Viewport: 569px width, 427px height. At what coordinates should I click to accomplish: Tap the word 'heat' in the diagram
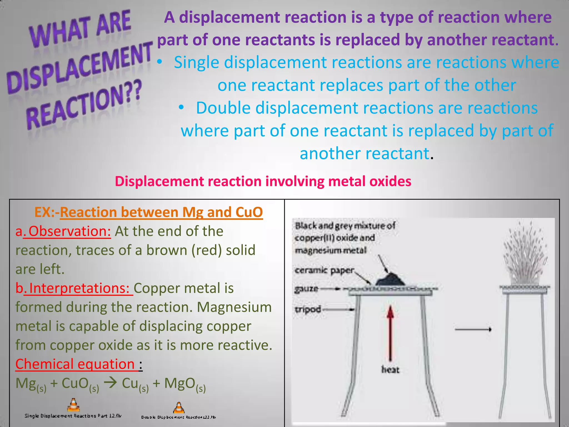390,370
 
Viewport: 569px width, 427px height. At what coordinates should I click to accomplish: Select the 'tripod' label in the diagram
308,309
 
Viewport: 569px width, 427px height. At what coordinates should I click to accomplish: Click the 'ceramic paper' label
324,270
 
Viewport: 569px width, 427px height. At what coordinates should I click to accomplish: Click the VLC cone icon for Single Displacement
73,405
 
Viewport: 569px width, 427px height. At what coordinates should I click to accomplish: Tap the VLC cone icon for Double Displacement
179,408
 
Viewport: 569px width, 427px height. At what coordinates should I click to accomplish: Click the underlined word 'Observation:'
69,231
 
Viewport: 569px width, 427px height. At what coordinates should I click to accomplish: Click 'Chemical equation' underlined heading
75,364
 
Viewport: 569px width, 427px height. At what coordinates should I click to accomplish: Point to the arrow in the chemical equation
110,383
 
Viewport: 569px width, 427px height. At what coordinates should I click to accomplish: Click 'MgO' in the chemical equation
179,383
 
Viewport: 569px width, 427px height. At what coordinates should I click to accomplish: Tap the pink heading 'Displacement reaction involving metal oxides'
263,181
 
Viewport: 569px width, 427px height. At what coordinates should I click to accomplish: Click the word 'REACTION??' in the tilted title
83,106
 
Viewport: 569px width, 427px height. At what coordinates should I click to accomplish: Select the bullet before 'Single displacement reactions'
159,62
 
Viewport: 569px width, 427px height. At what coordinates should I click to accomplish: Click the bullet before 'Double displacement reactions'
181,108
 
